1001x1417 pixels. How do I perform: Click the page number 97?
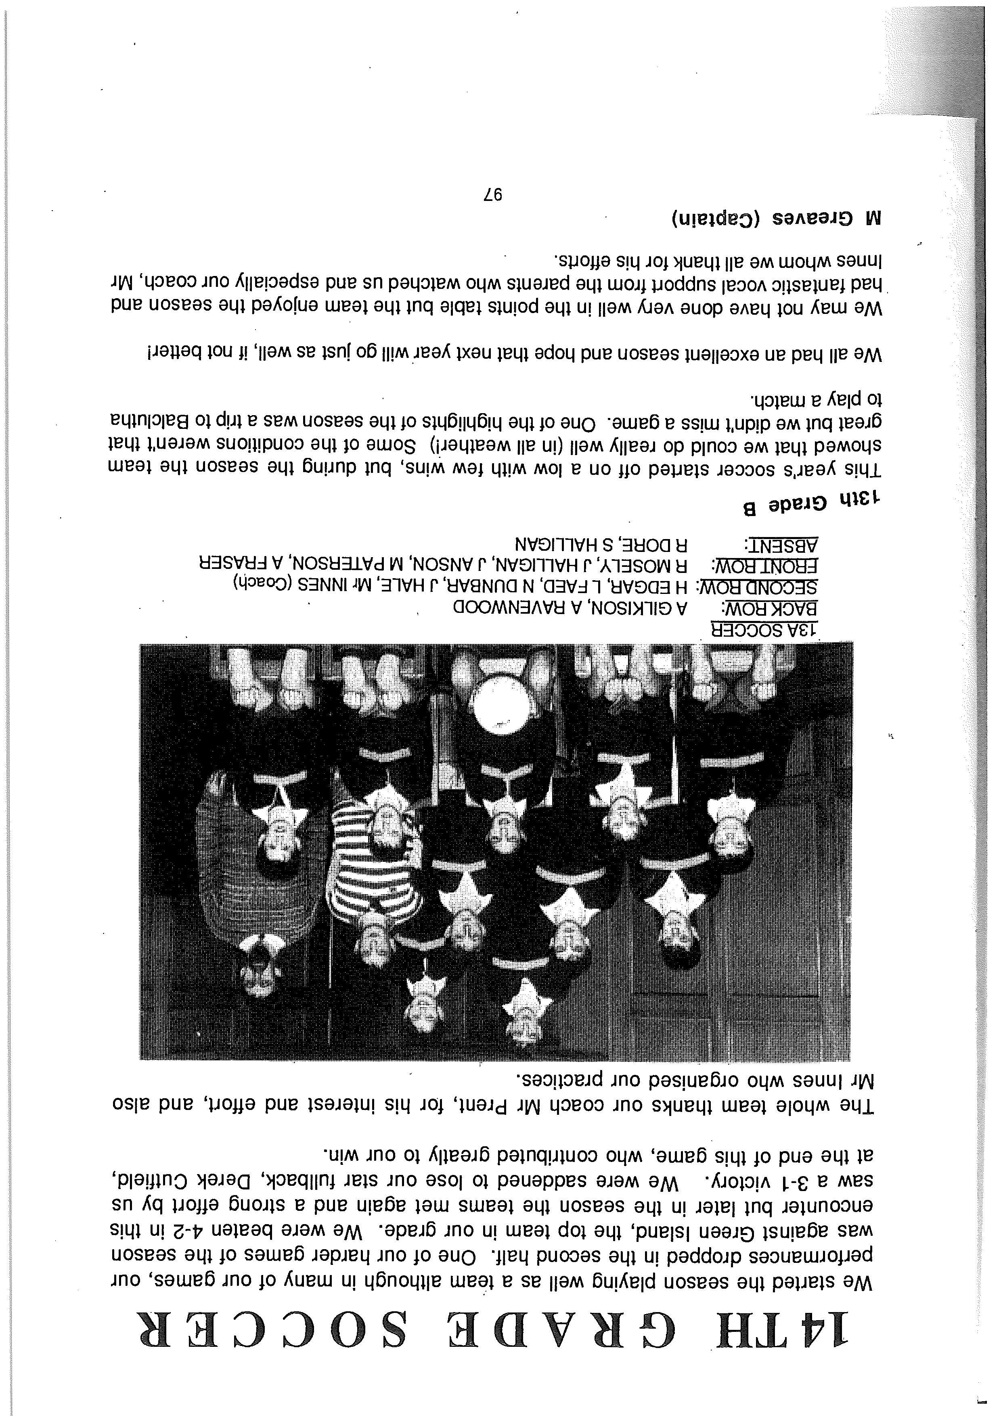pyautogui.click(x=492, y=196)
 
